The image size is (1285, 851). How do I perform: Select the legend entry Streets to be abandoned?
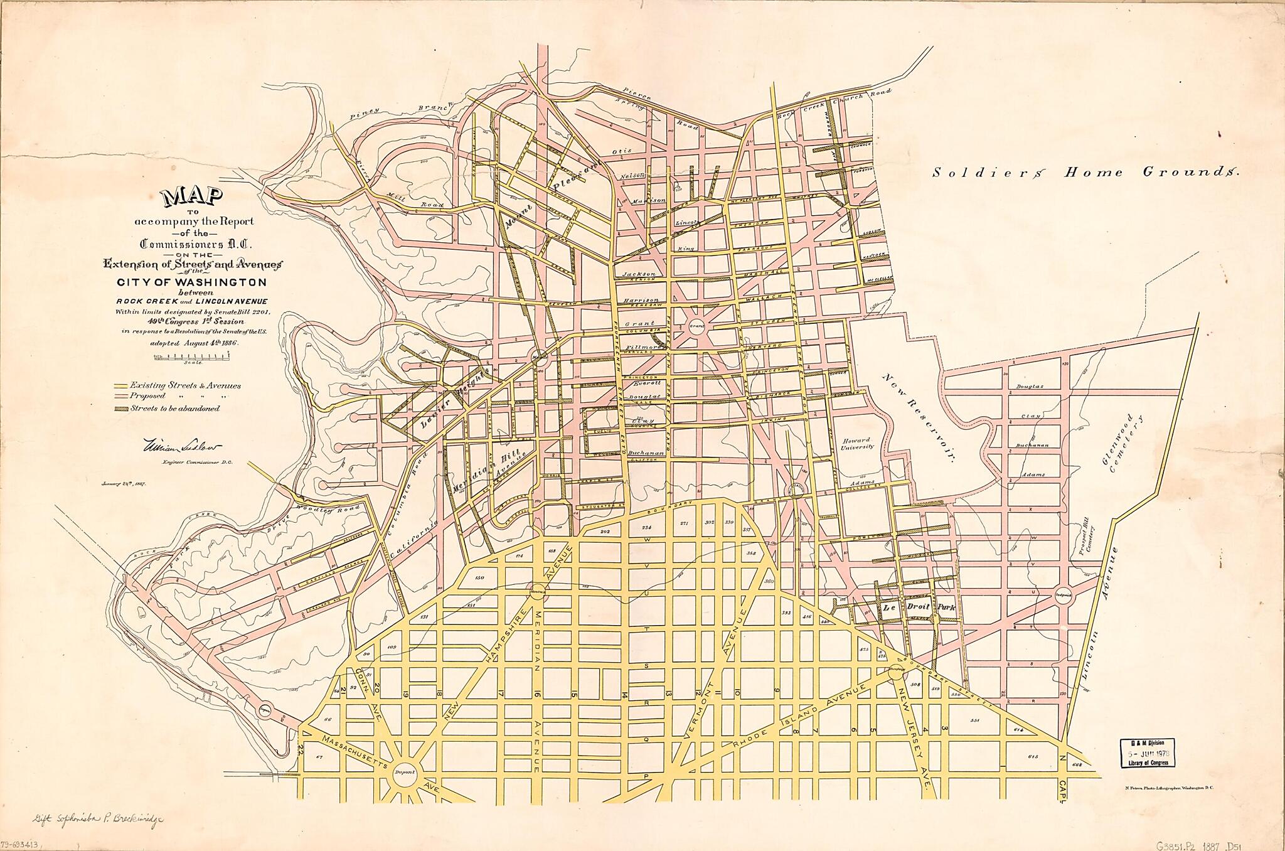click(x=174, y=408)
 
